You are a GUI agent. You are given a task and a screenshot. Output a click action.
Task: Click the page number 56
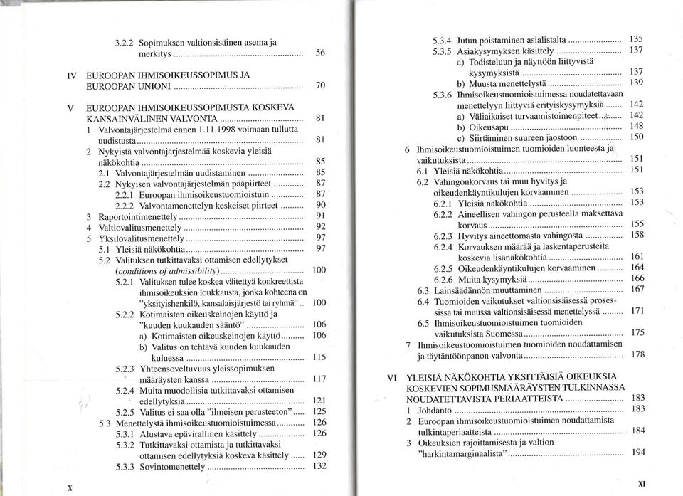click(x=320, y=53)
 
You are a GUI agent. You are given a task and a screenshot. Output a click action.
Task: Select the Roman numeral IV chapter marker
click(x=71, y=74)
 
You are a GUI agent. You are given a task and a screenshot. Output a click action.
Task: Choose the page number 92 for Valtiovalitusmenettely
click(x=320, y=227)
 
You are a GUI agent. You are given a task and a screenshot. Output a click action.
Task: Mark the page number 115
click(x=319, y=357)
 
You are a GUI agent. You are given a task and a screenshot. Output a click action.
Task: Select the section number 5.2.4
click(x=125, y=390)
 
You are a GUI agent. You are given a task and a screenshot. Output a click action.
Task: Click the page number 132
click(x=319, y=466)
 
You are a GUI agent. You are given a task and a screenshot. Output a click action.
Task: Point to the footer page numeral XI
click(x=642, y=482)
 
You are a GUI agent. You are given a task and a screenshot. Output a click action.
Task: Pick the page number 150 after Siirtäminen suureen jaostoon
click(x=637, y=136)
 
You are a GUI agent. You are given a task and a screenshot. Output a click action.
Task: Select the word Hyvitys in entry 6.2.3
click(x=472, y=235)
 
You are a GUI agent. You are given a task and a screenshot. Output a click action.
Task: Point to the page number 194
click(x=638, y=452)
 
